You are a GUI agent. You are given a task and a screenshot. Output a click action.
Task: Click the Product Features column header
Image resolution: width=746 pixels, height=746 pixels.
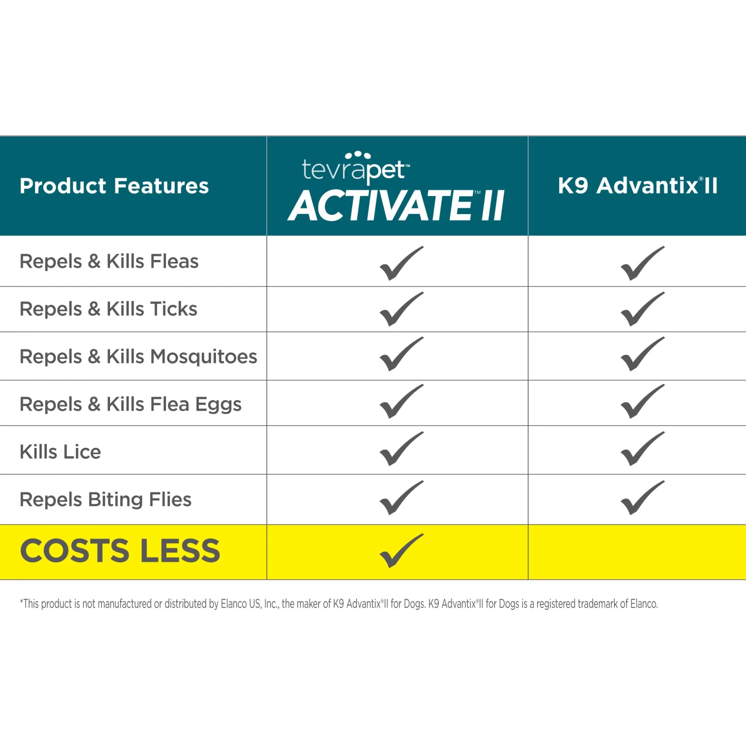tap(114, 186)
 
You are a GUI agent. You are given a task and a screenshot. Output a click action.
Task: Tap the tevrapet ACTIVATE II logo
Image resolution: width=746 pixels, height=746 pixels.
tap(396, 186)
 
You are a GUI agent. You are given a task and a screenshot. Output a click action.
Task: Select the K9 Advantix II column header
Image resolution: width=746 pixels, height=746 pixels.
tap(638, 185)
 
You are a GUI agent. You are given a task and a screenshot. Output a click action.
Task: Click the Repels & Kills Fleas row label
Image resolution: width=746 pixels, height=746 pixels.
tap(109, 261)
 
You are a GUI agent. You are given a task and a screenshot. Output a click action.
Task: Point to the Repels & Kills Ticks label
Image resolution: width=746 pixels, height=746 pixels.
tap(108, 309)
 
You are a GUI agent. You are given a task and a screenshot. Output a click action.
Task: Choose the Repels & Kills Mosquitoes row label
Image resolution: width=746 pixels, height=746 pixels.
tap(138, 357)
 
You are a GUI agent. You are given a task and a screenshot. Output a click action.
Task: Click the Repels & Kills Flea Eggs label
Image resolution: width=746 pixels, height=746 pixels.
tap(131, 404)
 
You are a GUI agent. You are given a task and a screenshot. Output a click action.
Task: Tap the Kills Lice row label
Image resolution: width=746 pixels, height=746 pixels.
tap(60, 452)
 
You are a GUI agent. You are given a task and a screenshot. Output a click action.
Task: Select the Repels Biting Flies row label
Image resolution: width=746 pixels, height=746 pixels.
tap(106, 500)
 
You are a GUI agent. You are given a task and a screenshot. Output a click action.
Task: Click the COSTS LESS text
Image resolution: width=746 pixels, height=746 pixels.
tap(120, 551)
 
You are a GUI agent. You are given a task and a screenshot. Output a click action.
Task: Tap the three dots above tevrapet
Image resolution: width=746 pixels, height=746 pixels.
tap(358, 155)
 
